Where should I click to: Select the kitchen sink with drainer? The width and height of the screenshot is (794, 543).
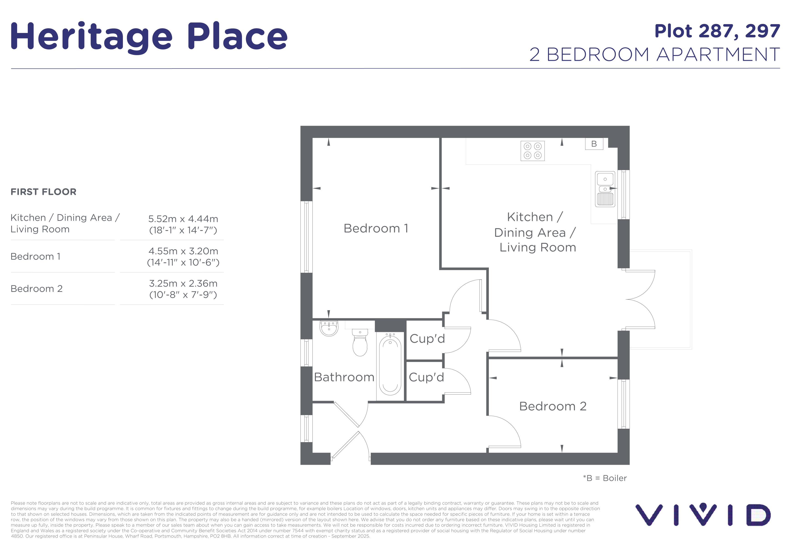[605, 189]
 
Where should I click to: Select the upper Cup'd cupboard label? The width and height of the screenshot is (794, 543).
[427, 338]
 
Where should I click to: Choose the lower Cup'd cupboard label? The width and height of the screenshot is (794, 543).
[426, 377]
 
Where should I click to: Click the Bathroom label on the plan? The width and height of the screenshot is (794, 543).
[344, 377]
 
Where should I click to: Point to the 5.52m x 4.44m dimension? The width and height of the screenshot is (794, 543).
[183, 219]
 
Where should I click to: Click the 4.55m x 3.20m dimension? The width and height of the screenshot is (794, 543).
[183, 251]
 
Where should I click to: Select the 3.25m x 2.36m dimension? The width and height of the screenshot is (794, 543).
[183, 283]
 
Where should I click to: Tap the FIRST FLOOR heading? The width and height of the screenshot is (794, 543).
[43, 192]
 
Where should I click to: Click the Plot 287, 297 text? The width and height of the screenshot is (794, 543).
[717, 31]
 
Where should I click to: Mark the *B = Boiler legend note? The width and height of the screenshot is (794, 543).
[605, 478]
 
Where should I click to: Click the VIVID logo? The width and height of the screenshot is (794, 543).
[703, 514]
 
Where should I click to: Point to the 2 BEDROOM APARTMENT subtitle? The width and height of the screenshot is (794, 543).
[654, 54]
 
